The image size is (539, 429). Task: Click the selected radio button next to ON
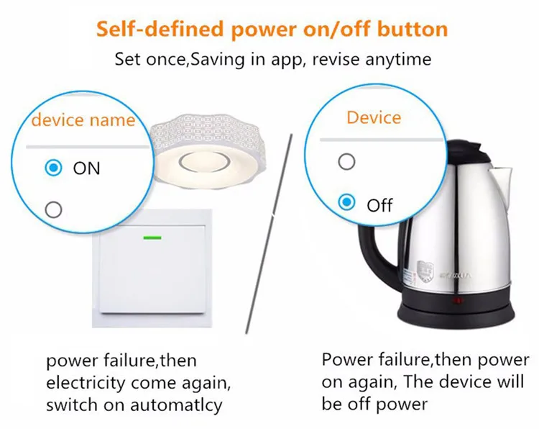click(x=52, y=168)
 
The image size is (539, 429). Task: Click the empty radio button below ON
click(x=52, y=209)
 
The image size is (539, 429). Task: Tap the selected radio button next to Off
click(x=347, y=203)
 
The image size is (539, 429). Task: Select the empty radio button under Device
click(x=347, y=161)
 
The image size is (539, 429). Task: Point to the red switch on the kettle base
click(x=454, y=300)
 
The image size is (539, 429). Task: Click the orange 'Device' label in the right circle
click(x=374, y=117)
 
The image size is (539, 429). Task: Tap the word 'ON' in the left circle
click(x=86, y=168)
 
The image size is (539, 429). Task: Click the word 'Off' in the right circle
click(x=379, y=205)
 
